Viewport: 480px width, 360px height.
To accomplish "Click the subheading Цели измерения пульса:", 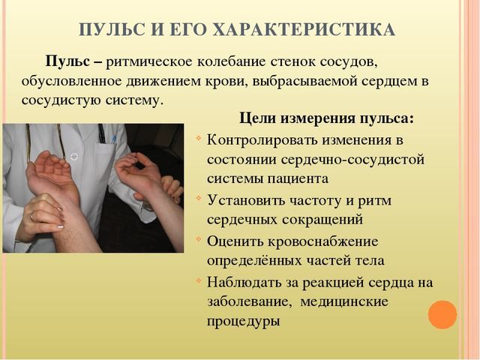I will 326,118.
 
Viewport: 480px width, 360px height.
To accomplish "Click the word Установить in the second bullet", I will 244,200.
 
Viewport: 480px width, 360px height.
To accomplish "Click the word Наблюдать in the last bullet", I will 243,281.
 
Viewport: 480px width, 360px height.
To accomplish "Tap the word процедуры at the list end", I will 243,322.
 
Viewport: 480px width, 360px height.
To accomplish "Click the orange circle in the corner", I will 442,313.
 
